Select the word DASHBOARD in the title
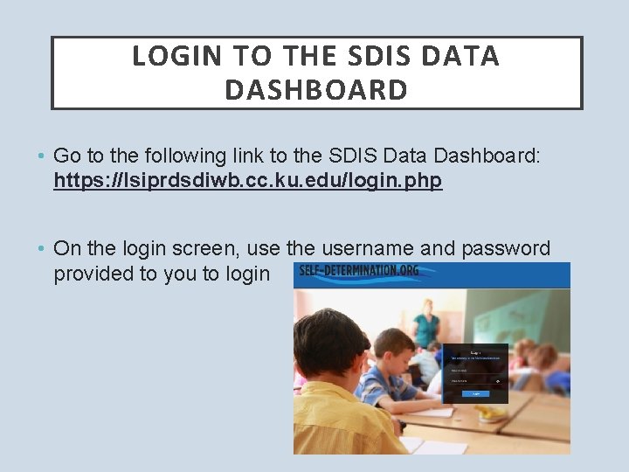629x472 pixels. (316, 90)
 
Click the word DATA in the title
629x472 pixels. (460, 56)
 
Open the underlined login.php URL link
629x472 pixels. (248, 181)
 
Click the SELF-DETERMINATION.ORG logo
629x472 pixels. (358, 271)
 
